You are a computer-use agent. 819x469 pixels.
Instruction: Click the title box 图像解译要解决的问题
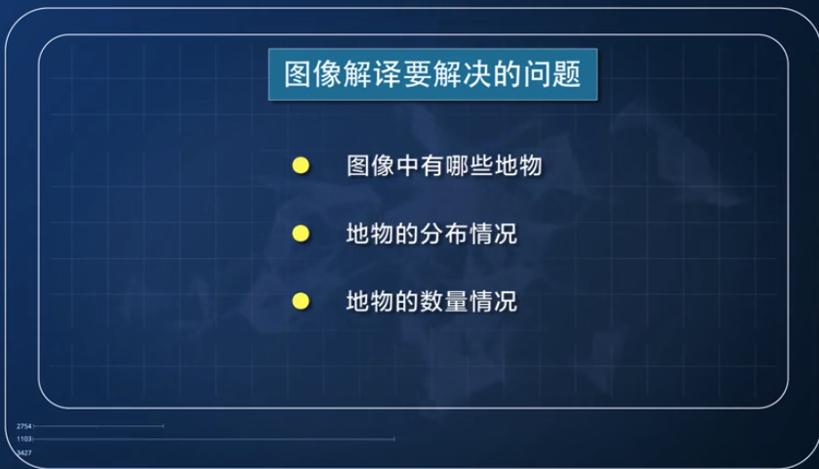[x=431, y=74]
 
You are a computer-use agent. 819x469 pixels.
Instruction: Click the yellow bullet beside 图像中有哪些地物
[x=301, y=166]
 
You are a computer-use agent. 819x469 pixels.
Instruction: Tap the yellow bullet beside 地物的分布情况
[x=301, y=234]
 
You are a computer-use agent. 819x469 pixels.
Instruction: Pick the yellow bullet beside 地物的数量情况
[x=301, y=301]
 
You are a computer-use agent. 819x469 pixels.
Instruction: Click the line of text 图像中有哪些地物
[x=443, y=166]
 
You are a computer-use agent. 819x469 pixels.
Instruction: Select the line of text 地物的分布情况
[x=430, y=234]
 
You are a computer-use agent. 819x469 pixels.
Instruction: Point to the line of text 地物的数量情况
[x=430, y=301]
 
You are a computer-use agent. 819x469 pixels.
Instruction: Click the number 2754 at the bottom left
[x=24, y=427]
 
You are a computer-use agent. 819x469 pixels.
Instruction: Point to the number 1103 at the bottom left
[x=24, y=440]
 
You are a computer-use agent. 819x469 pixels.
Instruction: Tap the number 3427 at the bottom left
[x=24, y=452]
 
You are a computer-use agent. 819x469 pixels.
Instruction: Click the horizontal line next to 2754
[x=98, y=426]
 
